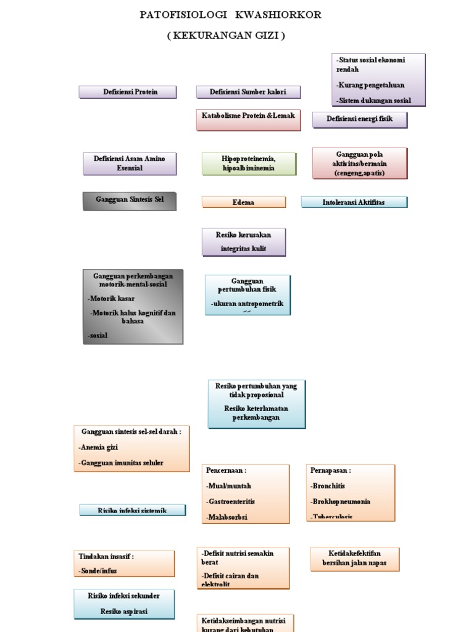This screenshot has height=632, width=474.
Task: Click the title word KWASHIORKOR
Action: point(282,14)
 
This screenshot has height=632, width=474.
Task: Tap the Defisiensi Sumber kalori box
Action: point(248,92)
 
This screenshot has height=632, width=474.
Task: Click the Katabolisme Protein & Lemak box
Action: point(248,120)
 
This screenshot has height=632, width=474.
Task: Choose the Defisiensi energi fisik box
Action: point(360,119)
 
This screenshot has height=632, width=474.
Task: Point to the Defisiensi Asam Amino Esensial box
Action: point(129,164)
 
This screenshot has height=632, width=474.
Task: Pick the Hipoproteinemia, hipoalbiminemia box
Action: point(249,164)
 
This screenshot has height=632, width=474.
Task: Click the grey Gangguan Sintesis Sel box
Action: point(130,201)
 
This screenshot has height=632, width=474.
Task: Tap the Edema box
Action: point(244,202)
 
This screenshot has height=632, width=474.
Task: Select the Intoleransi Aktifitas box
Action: point(354,202)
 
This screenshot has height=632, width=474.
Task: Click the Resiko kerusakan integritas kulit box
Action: point(243,241)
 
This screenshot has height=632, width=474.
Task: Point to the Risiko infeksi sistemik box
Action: point(133,510)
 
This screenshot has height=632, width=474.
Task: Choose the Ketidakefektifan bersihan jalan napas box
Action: point(355,558)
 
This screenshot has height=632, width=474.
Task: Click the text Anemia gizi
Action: point(99,447)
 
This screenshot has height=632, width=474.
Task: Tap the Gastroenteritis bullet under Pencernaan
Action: point(232,502)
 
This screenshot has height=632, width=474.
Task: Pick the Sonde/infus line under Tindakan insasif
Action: point(98,571)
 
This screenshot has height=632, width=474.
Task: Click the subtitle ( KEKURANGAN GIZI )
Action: point(226,36)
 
